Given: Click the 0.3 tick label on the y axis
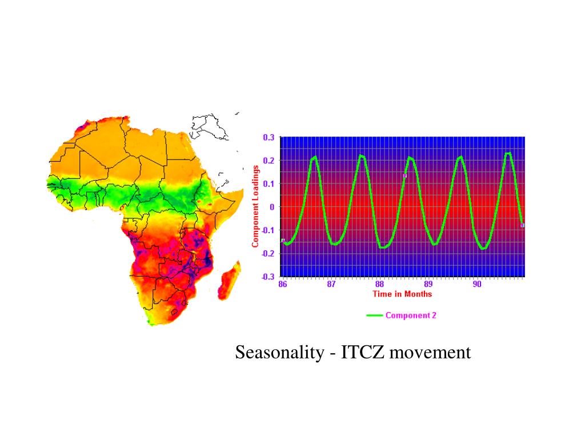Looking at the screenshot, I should (x=269, y=137).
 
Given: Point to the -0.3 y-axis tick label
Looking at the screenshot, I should (x=267, y=277).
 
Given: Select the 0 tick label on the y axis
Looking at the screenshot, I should (x=272, y=207).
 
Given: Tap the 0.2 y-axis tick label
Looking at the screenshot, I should (x=269, y=161).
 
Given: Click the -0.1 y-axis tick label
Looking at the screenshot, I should (x=267, y=230).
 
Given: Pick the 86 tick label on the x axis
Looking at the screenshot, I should (x=283, y=285).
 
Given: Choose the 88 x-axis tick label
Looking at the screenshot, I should (x=380, y=285).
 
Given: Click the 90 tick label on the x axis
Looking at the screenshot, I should (x=477, y=285).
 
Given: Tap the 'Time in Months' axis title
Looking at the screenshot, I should (x=402, y=294).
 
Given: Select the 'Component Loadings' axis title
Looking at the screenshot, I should (x=255, y=206).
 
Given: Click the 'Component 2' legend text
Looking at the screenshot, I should (x=411, y=315).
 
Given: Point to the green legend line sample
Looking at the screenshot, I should (x=375, y=315).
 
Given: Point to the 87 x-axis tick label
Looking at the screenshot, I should (x=331, y=285).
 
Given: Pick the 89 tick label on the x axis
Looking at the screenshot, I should (x=428, y=285).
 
